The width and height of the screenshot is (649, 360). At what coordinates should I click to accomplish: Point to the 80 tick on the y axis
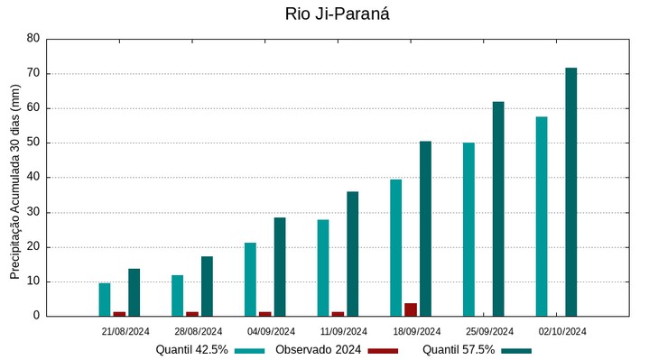(33, 39)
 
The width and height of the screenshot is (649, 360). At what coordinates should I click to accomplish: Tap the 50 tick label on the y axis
(33, 143)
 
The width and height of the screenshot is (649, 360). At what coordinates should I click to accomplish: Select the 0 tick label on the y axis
(37, 316)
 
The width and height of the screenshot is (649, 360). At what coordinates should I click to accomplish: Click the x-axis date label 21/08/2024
(125, 331)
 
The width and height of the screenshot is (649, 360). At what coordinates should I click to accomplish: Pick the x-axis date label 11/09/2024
(344, 331)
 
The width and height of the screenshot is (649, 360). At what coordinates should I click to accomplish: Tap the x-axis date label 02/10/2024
(562, 331)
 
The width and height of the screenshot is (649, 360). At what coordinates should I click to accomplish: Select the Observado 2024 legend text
(318, 350)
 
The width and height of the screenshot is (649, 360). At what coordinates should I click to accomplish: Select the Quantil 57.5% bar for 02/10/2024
(570, 192)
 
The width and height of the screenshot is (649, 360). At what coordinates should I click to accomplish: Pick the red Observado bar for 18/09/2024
(411, 309)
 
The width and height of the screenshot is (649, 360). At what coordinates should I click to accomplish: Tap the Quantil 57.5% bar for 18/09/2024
(425, 228)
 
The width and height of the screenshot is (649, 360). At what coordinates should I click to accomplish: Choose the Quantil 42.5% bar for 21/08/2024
(105, 300)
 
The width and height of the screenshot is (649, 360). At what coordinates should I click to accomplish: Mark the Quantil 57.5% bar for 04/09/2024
(280, 267)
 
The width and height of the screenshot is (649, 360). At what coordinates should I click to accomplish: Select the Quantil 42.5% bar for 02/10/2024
(542, 217)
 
